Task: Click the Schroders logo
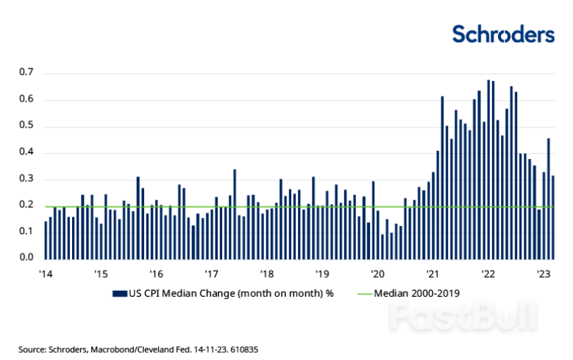[x=502, y=34]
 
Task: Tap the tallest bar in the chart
[x=488, y=169]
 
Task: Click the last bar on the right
[x=552, y=218]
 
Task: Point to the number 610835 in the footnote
[x=243, y=347]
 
